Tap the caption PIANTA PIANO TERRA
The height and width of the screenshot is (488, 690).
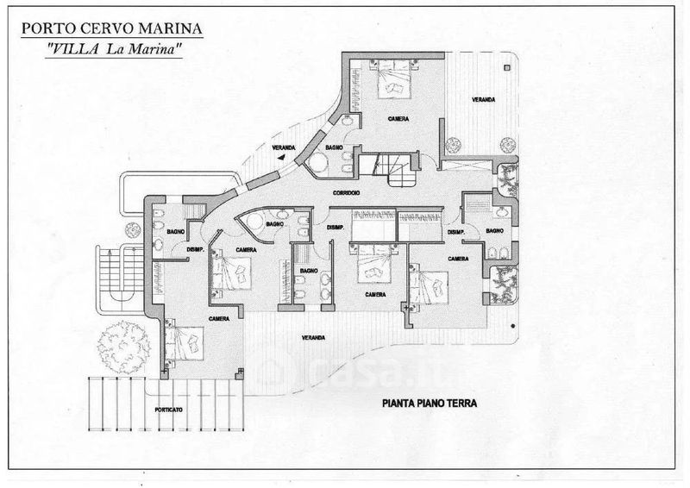pyautogui.click(x=429, y=403)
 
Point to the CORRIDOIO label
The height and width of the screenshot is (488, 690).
pyautogui.click(x=342, y=192)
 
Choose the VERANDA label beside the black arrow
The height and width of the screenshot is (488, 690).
pyautogui.click(x=283, y=148)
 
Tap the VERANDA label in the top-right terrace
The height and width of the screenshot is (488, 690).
pyautogui.click(x=483, y=100)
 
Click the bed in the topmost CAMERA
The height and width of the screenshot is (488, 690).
pyautogui.click(x=392, y=85)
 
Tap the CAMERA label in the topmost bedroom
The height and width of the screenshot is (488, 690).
pyautogui.click(x=398, y=118)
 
